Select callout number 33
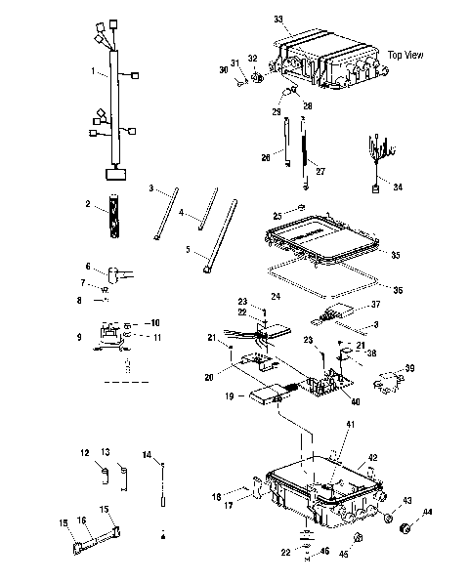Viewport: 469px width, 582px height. pos(278,20)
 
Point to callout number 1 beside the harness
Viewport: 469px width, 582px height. pos(94,71)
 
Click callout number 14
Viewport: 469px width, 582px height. pos(147,455)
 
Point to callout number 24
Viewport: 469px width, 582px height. pos(276,295)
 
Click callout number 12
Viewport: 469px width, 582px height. pos(85,452)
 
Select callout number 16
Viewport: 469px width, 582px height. pos(82,520)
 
